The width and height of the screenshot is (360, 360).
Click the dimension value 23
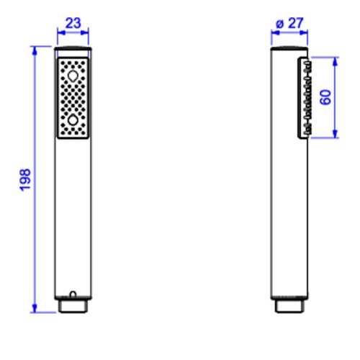click(73, 23)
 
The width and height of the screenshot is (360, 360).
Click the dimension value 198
click(25, 180)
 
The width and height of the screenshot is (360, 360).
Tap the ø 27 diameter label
click(290, 23)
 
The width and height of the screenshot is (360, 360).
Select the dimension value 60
click(325, 97)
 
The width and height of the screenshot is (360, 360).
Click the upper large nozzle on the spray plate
click(73, 76)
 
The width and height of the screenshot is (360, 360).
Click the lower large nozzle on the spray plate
click(73, 120)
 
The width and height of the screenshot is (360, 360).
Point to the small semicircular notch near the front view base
click(73, 294)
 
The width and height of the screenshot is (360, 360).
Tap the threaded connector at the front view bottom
click(73, 306)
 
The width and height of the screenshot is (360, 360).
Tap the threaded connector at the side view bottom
click(289, 306)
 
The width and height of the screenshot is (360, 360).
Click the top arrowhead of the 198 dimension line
click(35, 51)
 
